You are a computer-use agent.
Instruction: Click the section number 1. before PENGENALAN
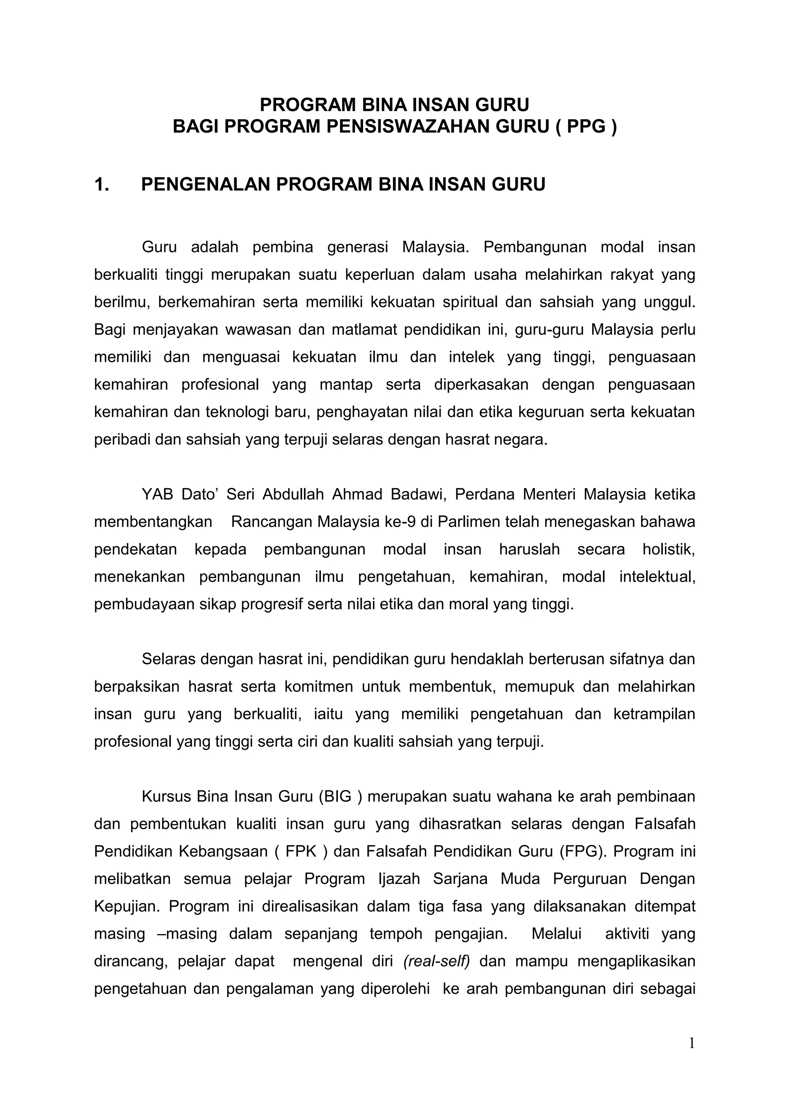click(x=102, y=185)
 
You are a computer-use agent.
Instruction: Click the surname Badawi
click(x=419, y=494)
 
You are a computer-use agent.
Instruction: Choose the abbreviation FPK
click(x=301, y=851)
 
